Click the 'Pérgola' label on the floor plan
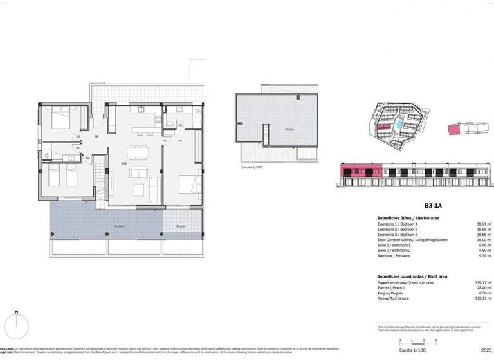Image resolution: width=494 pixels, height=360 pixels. point(181,226)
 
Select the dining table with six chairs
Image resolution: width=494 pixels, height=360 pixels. point(137,152)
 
